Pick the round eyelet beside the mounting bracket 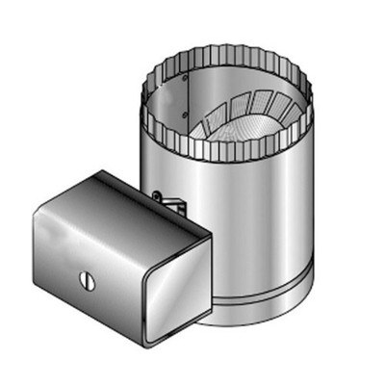[x=155, y=195]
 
